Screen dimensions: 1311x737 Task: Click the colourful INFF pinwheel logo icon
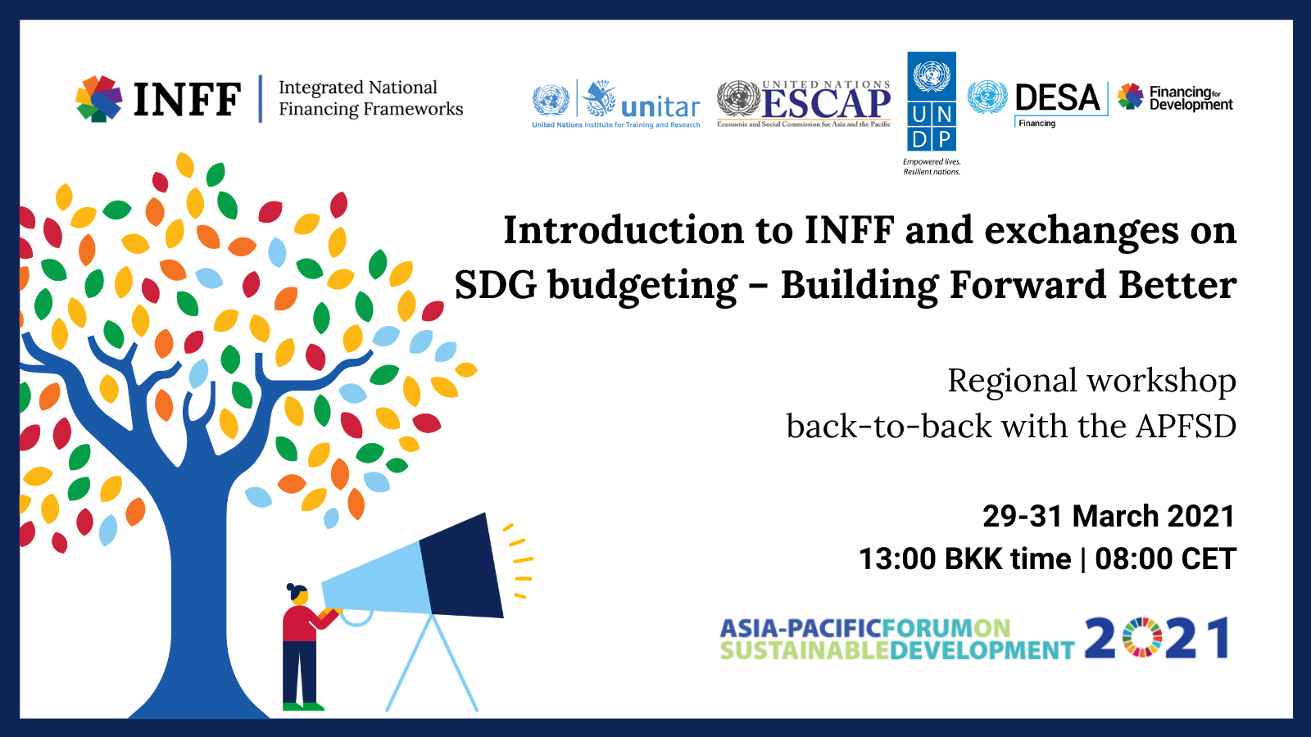(99, 98)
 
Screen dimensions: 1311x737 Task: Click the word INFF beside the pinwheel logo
(188, 99)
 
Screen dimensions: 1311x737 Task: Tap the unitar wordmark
(660, 107)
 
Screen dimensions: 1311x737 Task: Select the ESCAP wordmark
(827, 104)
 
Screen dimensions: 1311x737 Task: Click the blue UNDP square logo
(932, 102)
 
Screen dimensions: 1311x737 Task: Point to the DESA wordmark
(1058, 97)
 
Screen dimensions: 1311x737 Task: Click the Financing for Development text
(1191, 98)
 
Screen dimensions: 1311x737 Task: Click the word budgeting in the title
(642, 287)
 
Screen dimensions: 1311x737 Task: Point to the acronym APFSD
(1186, 426)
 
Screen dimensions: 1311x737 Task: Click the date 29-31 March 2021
(1109, 516)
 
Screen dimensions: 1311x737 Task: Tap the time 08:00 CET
(1165, 558)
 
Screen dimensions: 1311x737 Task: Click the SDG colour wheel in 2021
(1141, 638)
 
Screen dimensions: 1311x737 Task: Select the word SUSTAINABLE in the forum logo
(804, 650)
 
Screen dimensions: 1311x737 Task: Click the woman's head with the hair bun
(298, 594)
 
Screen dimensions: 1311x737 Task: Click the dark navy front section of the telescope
(462, 566)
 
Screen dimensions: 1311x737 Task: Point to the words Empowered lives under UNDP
(932, 162)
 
